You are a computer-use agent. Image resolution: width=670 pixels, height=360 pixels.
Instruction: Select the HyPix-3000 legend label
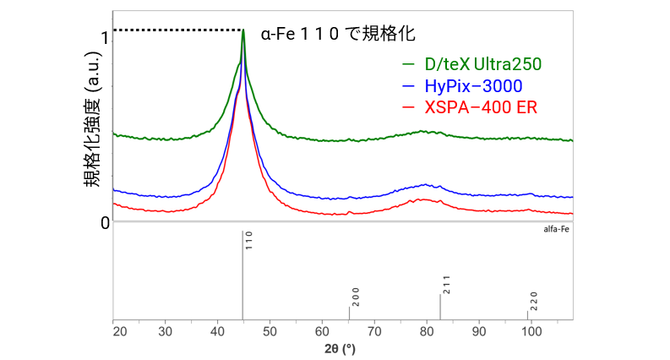[475, 85]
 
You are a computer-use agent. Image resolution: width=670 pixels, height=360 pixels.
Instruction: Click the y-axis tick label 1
[103, 38]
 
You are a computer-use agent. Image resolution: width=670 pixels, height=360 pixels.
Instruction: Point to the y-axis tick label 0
[103, 222]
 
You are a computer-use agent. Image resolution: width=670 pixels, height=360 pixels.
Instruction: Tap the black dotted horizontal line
[177, 30]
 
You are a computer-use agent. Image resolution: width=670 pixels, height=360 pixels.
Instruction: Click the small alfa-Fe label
[557, 228]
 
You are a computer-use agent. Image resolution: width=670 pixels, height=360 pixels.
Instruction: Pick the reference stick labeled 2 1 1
[440, 307]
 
